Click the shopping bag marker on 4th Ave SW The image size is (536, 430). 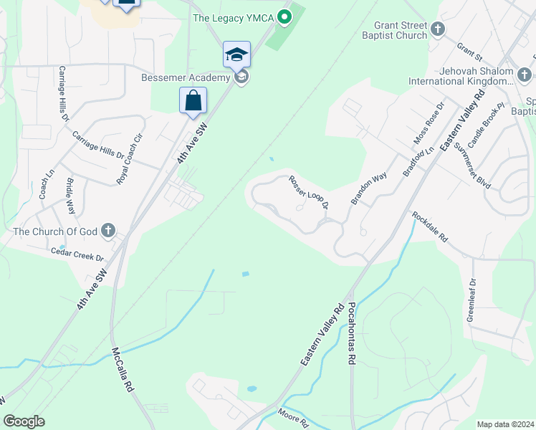[x=193, y=100]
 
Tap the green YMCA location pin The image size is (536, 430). [x=284, y=16]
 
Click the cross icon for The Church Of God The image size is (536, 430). [x=107, y=231]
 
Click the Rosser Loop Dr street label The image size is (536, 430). [x=308, y=192]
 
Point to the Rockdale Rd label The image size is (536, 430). [x=429, y=226]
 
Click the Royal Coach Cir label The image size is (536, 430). [x=129, y=158]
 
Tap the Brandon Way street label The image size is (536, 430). [x=368, y=188]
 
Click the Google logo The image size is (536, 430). [x=24, y=421]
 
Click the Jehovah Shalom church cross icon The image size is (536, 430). [x=525, y=74]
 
